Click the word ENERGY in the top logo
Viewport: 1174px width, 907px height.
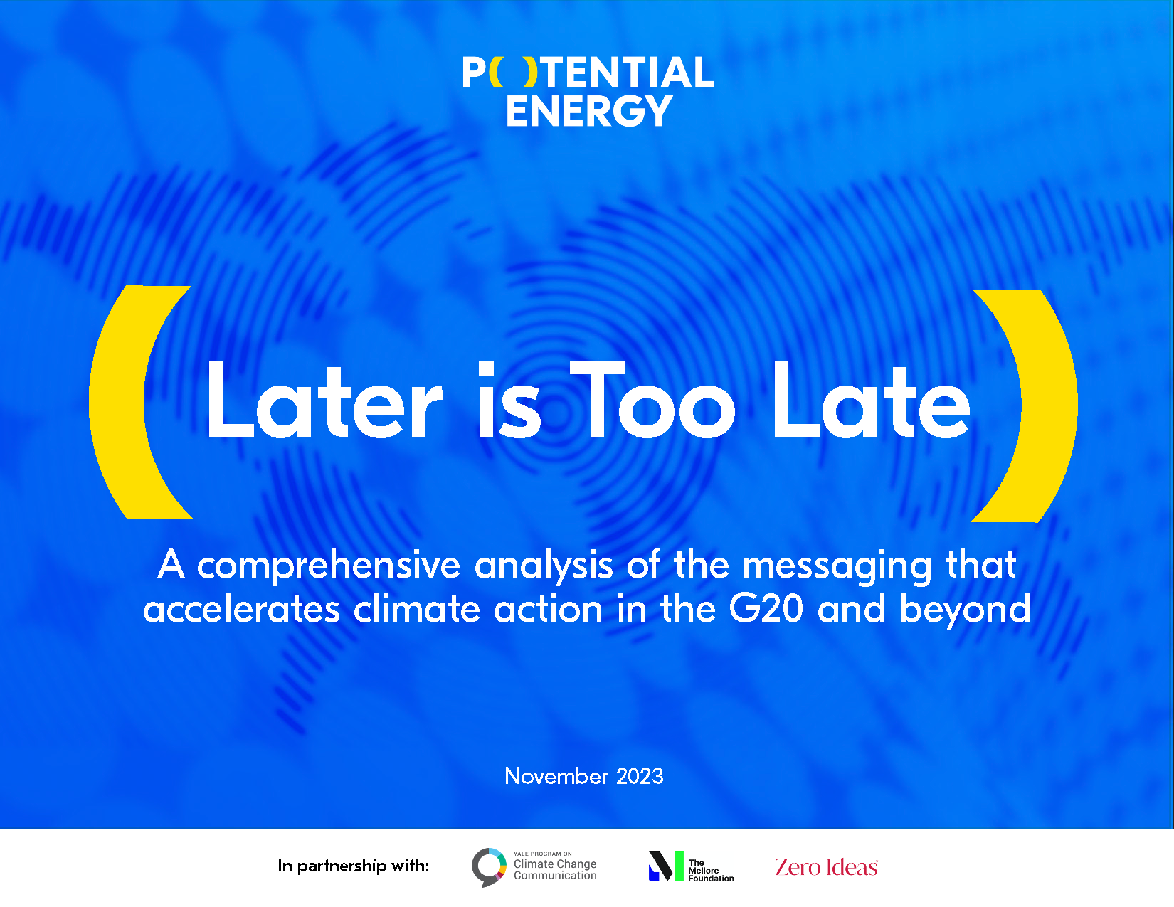point(588,111)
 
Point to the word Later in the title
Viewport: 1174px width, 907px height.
point(324,402)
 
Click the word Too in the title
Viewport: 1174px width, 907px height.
point(652,402)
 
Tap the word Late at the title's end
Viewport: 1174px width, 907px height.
point(871,402)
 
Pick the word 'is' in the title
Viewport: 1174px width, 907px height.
point(509,402)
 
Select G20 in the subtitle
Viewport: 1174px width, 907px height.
point(766,610)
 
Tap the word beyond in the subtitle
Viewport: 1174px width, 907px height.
point(965,610)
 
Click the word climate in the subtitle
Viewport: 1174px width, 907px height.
point(417,610)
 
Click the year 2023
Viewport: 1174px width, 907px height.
point(640,776)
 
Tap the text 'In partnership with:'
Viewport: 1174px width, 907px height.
point(354,866)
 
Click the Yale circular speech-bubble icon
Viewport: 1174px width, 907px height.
point(488,866)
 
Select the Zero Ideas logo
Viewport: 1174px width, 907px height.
point(826,867)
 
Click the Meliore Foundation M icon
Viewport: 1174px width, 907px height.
point(665,866)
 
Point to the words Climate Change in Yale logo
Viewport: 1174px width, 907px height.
point(555,864)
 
